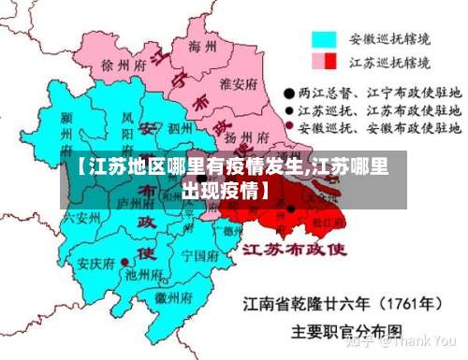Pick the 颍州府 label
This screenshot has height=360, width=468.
click(x=66, y=131)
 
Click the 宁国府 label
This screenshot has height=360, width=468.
click(x=198, y=254)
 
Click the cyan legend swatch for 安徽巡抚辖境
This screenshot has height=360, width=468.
click(x=324, y=40)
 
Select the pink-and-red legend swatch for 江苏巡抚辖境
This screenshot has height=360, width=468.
click(x=324, y=62)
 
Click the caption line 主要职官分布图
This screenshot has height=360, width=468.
click(x=347, y=330)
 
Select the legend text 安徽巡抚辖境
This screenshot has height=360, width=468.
click(x=390, y=40)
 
